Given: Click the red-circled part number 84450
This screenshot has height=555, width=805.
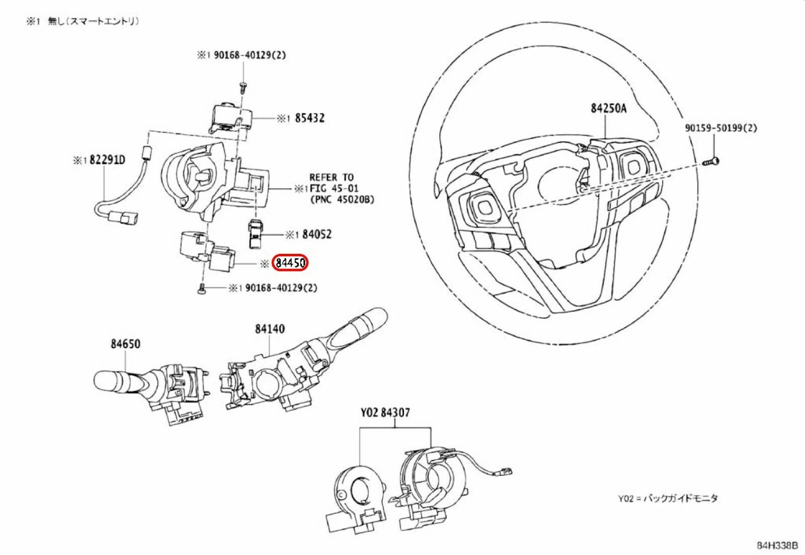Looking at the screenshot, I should pos(290,263).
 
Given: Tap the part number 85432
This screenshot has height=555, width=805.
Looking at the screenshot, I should pos(309,118).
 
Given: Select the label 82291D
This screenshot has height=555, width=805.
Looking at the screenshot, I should pos(107,160).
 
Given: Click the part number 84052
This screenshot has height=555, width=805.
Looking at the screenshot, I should pos(317,234).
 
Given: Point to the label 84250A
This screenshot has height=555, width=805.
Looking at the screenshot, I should pos(608,108).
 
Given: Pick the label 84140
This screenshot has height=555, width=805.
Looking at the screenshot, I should pos(269,329).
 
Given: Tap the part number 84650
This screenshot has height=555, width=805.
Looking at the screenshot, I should pos(125,344).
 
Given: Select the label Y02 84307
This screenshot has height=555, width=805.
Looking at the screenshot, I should pos(385,412).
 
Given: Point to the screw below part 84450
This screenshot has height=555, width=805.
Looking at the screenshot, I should pos(201,289).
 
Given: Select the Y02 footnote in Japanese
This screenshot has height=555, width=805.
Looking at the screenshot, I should pos(668,498).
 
